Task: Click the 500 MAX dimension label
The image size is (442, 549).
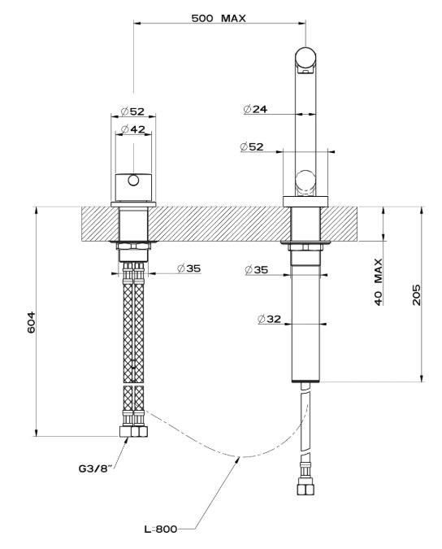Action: pos(219,18)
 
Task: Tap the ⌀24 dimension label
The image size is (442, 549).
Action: pos(255,109)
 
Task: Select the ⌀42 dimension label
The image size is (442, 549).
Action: pos(133,129)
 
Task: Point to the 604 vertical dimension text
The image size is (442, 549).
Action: pos(32,322)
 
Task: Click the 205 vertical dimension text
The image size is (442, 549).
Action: pos(417,294)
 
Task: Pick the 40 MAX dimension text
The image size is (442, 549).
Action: pos(379,282)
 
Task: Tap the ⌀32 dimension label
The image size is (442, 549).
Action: pos(269,319)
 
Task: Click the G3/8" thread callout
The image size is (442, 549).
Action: pos(95,468)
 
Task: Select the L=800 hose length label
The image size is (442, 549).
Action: pos(161,529)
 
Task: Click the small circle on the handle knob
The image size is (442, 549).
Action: pos(133,181)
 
